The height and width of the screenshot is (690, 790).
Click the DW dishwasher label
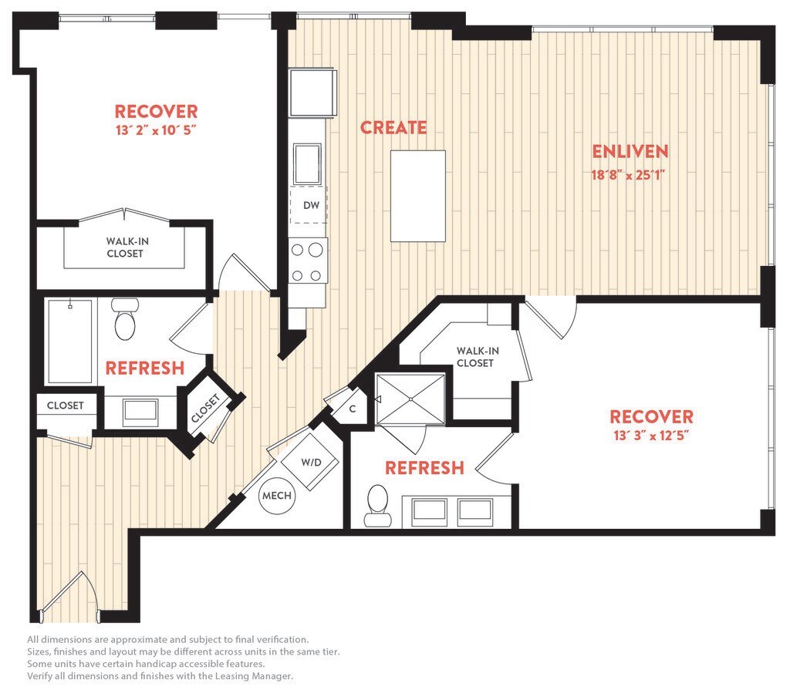[312, 206]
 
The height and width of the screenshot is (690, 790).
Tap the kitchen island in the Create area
[418, 196]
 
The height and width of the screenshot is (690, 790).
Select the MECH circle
[277, 496]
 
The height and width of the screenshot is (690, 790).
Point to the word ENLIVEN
[630, 152]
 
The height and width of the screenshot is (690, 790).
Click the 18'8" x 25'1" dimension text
[628, 175]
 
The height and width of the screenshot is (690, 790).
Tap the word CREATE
[393, 127]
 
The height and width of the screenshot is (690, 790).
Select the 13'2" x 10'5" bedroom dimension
[156, 130]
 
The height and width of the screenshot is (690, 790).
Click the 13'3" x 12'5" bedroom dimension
[651, 436]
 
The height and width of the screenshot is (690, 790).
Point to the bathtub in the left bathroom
[70, 341]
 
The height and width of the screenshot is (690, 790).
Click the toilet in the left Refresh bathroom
[125, 319]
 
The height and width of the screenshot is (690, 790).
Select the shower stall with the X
[410, 399]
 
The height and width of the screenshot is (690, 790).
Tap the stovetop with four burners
[307, 261]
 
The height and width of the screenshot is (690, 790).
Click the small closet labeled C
[352, 409]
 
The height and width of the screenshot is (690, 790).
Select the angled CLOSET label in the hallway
[205, 408]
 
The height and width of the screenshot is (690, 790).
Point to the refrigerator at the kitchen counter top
[312, 93]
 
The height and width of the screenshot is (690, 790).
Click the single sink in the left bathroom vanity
[140, 410]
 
